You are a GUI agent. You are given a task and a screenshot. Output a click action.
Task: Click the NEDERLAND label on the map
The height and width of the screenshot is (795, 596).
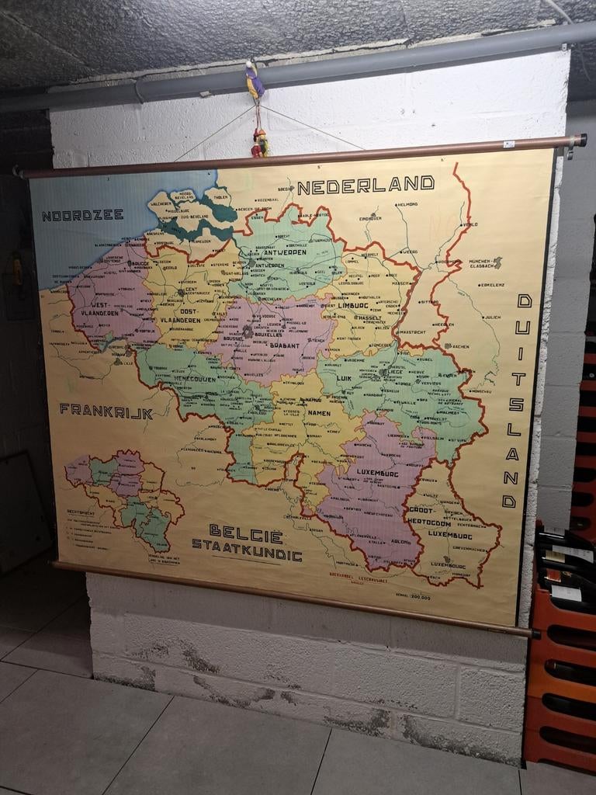(x=366, y=185)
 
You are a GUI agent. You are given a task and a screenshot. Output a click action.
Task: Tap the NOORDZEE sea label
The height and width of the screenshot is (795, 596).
(x=82, y=215)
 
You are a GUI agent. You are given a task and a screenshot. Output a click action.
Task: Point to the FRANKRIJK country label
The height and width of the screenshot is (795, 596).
(x=106, y=411)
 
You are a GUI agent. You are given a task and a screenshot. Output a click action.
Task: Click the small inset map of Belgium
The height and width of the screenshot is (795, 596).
(x=124, y=497)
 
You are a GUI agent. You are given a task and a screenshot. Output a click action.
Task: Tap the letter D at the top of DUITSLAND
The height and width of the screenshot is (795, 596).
(x=524, y=301)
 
